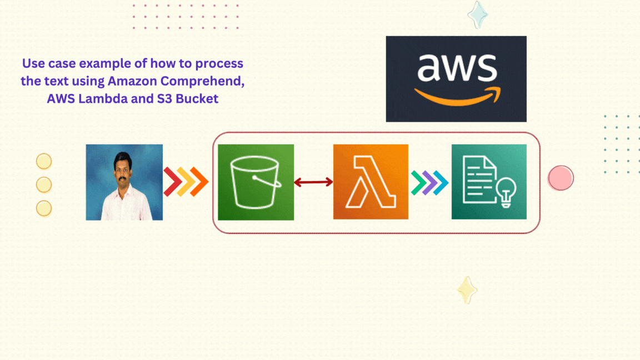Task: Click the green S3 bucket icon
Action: tap(256, 182)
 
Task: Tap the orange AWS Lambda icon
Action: tap(371, 182)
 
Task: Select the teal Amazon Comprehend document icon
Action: tap(489, 182)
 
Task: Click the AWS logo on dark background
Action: tap(456, 79)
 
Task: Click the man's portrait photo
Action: tap(124, 182)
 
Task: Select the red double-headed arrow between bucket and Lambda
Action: tap(313, 182)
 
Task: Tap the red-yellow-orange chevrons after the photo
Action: tap(186, 182)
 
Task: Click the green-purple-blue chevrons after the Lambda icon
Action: tap(429, 182)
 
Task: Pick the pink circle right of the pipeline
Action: tap(561, 178)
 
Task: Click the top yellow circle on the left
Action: tap(44, 161)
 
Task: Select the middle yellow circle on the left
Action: tap(44, 184)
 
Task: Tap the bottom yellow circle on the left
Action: tap(44, 208)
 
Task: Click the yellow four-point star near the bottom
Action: tap(467, 290)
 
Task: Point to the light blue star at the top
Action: tap(477, 14)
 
